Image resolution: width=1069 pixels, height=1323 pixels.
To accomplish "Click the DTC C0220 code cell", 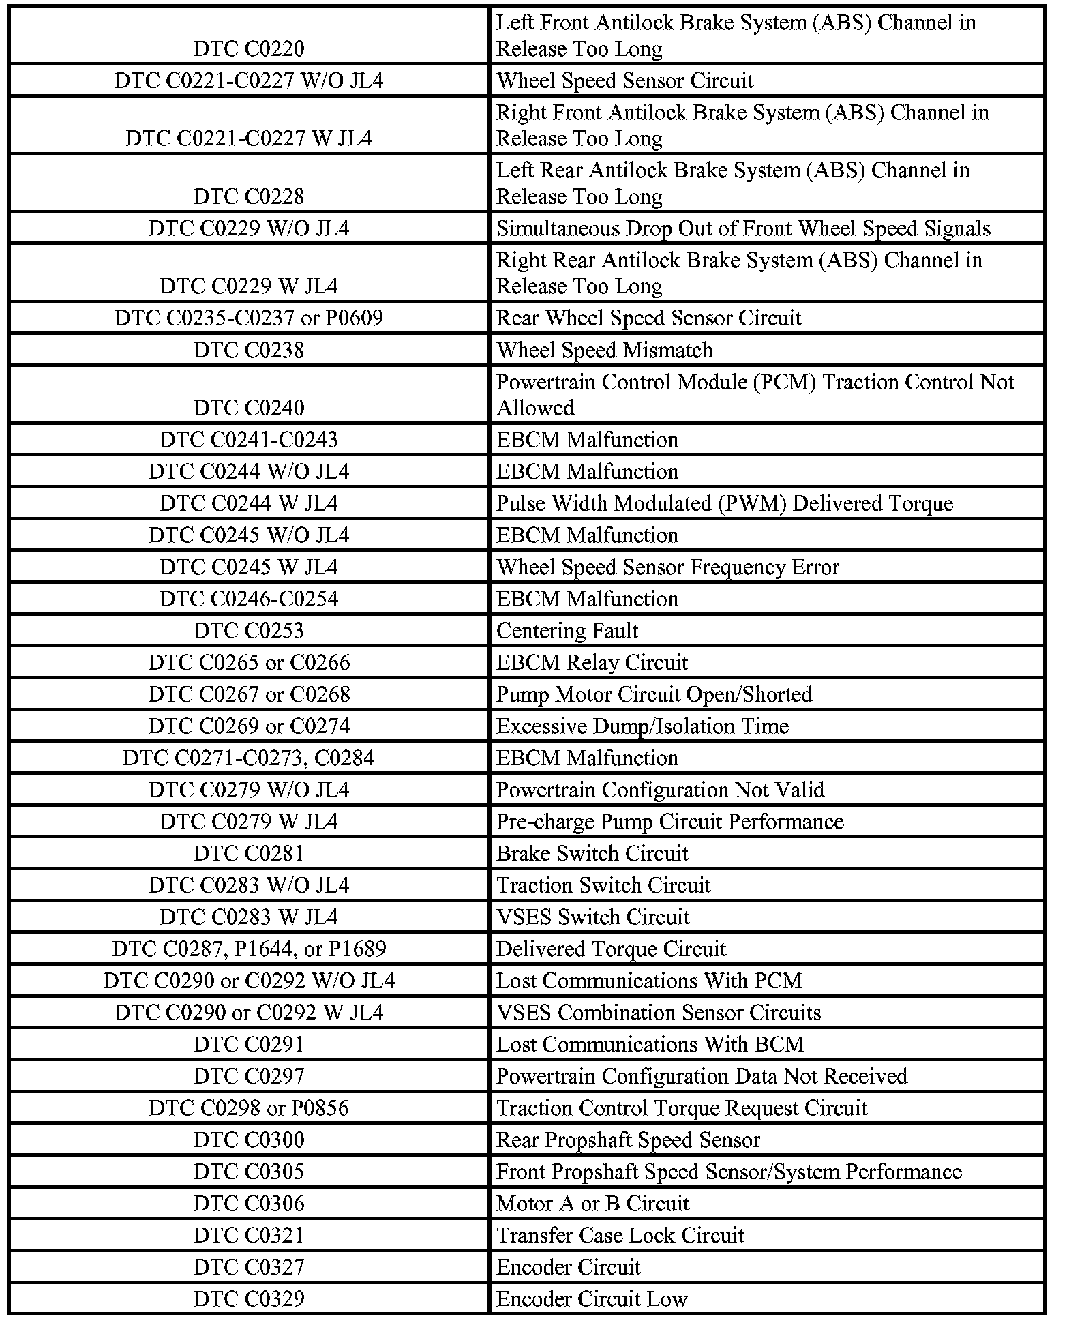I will (249, 49).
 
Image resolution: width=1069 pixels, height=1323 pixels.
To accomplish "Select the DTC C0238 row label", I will (249, 351).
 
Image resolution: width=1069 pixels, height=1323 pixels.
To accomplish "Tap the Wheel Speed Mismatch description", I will (604, 351).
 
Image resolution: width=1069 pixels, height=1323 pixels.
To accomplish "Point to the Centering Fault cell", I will (567, 631).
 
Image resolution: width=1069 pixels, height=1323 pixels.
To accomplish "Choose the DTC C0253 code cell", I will (249, 631).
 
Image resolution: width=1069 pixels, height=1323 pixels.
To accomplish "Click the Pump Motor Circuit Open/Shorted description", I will (654, 695).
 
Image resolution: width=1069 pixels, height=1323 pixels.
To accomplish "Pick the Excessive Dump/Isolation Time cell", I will (642, 726).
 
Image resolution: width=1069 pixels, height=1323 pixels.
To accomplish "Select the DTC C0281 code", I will (249, 854).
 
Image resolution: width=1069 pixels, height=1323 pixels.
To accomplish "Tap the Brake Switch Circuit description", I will (592, 854).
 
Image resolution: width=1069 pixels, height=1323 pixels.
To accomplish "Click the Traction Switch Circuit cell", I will (603, 886).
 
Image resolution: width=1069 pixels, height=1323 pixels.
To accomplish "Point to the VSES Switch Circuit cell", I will (592, 917).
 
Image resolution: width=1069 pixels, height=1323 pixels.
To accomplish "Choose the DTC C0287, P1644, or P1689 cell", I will (249, 949).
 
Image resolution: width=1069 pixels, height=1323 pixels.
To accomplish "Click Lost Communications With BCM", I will (650, 1045).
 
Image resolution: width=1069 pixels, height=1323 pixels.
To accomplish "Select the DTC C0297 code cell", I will (249, 1077).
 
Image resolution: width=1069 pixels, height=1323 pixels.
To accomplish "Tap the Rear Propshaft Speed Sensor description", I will (628, 1140).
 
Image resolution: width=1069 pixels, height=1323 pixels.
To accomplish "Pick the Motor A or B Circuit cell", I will (592, 1204).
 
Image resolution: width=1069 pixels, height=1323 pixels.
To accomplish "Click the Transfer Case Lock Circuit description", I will (620, 1236).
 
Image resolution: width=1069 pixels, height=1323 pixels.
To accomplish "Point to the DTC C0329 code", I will (249, 1299).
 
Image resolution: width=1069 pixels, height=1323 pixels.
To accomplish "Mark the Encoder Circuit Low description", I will (592, 1299).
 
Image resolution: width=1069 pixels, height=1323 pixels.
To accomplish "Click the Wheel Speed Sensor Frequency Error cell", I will (667, 567).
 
